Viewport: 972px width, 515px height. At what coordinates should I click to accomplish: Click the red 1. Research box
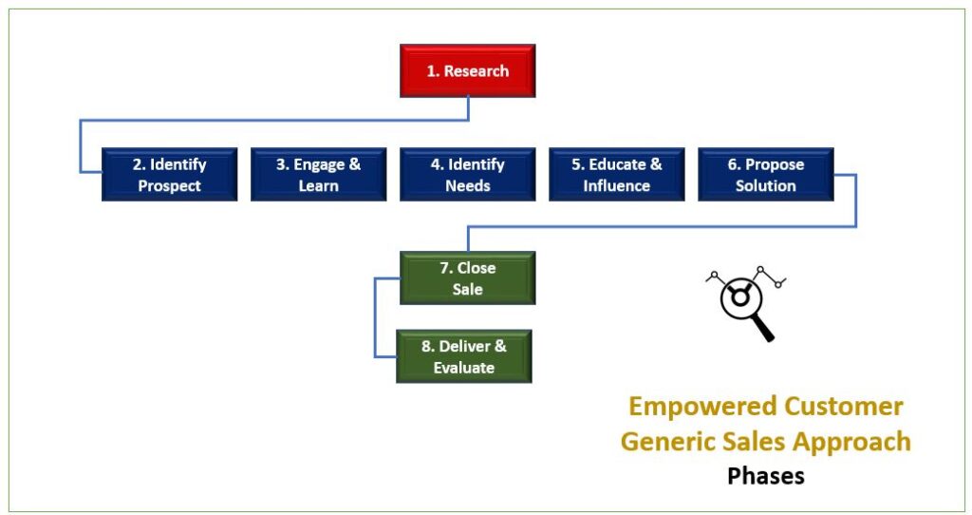tap(467, 70)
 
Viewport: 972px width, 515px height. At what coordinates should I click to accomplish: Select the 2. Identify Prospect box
tap(169, 174)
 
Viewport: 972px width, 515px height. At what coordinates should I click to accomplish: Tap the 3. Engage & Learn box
tap(319, 174)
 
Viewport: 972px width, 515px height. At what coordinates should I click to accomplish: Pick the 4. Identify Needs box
tap(467, 174)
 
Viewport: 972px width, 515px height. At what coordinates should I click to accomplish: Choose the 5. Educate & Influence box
tap(617, 174)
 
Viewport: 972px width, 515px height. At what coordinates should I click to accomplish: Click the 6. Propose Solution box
tap(766, 174)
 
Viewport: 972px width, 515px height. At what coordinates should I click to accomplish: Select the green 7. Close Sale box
tap(467, 278)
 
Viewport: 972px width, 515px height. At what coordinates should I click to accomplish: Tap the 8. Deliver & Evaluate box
tap(463, 356)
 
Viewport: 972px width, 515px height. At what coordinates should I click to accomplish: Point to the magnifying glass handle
tap(764, 330)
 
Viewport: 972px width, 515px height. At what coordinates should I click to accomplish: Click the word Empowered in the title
tap(692, 407)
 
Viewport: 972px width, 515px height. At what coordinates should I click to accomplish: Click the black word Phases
tap(766, 476)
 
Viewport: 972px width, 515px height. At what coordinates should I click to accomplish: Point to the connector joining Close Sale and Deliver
tap(375, 317)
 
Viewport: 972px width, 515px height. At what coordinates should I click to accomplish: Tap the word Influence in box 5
tap(617, 185)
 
